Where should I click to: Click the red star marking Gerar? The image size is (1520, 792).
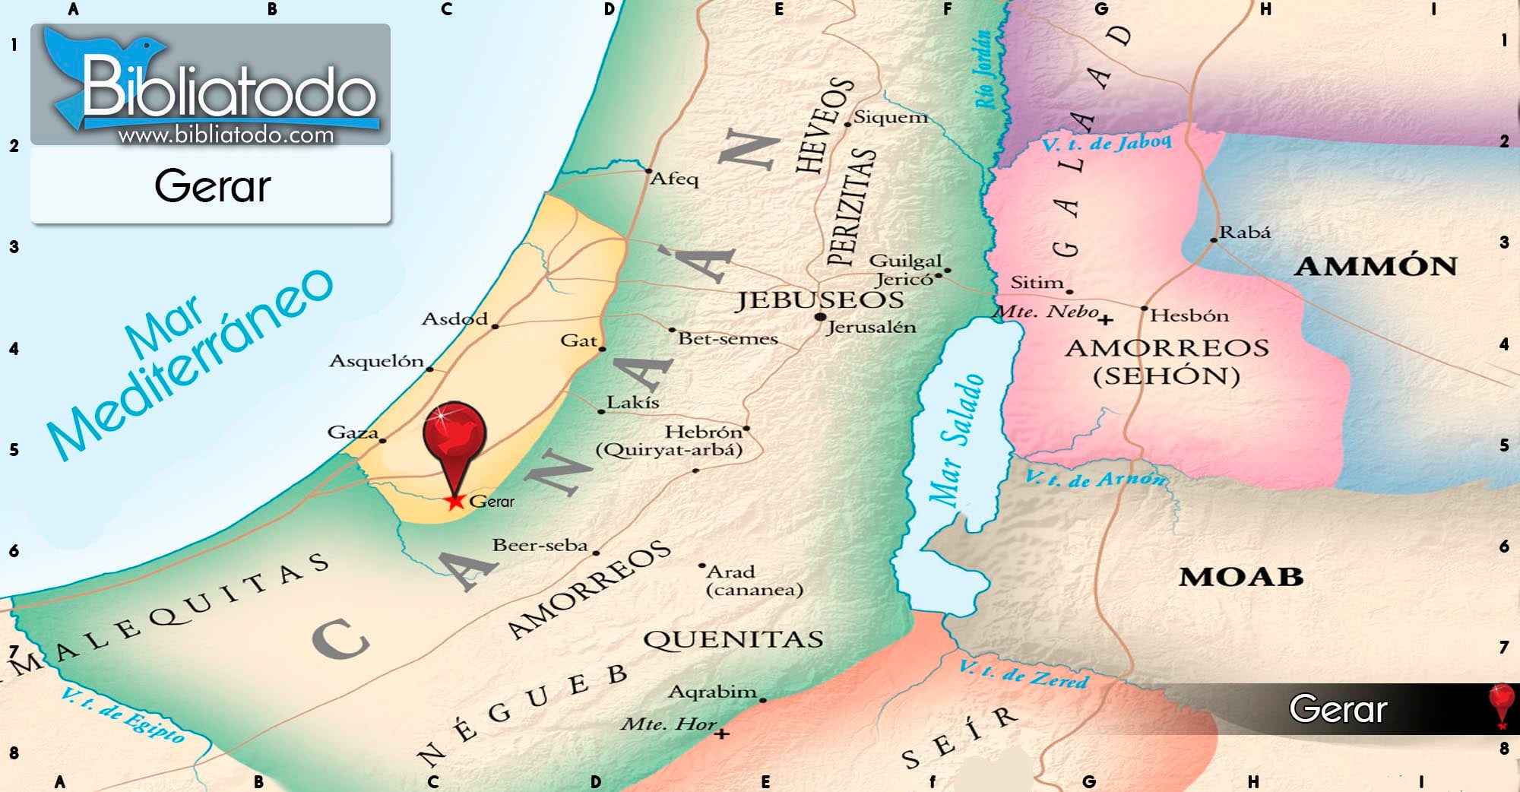455,501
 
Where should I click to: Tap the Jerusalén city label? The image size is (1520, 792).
871,328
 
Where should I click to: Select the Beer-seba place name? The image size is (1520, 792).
540,545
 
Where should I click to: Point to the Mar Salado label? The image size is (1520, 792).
956,441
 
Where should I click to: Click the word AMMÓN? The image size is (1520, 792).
1376,266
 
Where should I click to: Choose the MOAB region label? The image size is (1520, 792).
1241,577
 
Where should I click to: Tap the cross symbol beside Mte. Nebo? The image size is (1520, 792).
1107,319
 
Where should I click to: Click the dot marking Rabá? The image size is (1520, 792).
1214,240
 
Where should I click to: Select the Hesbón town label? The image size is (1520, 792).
1189,315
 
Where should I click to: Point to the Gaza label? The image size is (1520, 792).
353,432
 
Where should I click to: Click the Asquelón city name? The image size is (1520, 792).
376,360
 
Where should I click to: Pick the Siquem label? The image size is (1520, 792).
891,117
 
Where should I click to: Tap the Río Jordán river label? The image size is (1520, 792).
983,70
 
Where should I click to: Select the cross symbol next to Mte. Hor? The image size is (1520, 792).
722,733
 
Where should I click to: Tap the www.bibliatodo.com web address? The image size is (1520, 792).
226,135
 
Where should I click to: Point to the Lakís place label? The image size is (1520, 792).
632,402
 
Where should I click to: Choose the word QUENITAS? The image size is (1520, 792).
733,639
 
